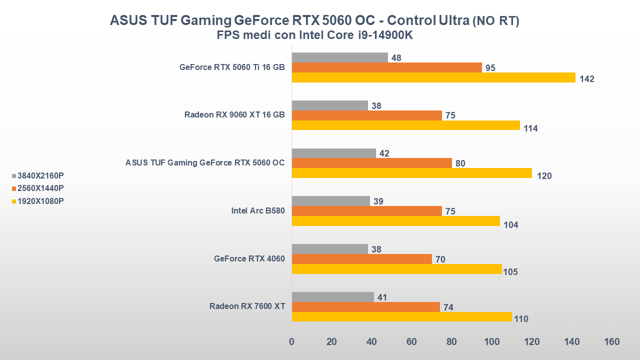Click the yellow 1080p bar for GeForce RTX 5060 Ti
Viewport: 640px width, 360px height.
[x=433, y=77]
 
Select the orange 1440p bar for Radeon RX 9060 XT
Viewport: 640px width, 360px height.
[x=366, y=115]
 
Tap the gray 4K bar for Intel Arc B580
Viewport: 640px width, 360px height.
[x=330, y=201]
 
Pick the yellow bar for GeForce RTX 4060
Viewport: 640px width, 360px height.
[x=396, y=269]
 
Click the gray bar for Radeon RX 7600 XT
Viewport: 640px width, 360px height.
[x=332, y=297]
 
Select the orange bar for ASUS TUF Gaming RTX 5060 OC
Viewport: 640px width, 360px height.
[x=371, y=163]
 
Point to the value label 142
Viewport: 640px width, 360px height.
[x=587, y=79]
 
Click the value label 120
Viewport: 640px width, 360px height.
[x=544, y=176]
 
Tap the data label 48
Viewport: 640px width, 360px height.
[x=396, y=58]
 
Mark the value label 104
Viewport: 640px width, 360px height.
[x=511, y=225]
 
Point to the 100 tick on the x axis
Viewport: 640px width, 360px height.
[x=491, y=342]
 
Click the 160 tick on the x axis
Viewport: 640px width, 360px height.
[x=611, y=342]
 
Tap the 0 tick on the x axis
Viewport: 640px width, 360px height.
[x=291, y=342]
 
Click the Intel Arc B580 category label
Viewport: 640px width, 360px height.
[x=258, y=210]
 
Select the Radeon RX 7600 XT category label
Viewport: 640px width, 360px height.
[x=247, y=306]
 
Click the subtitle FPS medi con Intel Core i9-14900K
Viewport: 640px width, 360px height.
[x=315, y=35]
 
